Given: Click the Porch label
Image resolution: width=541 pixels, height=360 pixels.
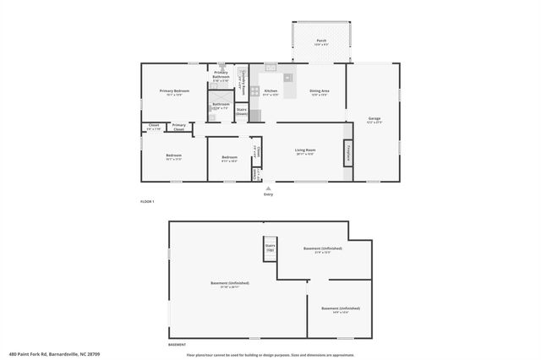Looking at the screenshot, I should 321,41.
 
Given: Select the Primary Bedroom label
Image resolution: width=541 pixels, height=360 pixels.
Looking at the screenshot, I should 175,91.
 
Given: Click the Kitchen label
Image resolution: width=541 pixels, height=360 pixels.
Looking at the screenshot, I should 270,91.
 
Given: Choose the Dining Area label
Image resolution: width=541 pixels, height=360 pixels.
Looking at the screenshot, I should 319,91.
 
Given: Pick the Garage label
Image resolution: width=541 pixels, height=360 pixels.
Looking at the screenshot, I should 374,118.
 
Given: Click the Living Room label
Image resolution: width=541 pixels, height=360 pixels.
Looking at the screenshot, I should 305,151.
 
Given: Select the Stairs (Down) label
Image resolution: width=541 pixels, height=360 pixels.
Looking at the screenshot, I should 241,110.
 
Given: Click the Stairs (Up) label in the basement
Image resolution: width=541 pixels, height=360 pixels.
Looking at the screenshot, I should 270,248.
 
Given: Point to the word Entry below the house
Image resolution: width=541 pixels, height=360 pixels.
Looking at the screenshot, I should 269,194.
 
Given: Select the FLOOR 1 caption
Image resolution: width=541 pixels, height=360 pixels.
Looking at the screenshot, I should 147,201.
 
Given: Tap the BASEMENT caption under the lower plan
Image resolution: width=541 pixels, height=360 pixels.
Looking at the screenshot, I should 178,344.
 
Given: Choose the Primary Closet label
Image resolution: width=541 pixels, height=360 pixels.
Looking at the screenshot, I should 179,127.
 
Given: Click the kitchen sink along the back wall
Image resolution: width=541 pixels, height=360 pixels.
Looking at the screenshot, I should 270,67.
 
